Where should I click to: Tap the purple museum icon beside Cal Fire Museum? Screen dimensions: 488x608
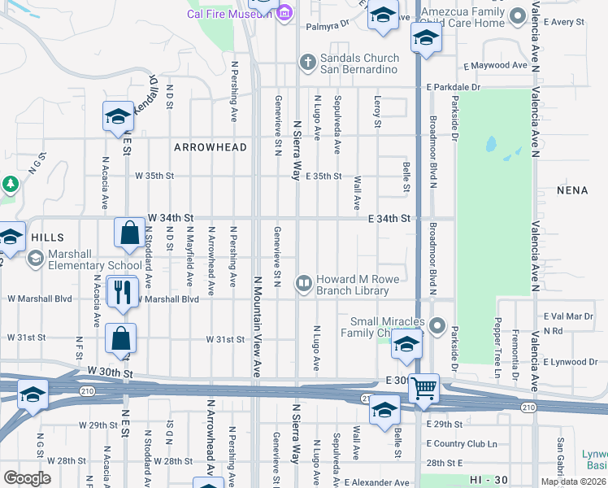284,12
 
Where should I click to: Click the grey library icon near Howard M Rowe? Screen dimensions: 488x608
304,283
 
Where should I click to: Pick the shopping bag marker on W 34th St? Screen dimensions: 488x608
130,233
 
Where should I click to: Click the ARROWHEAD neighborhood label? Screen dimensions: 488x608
200,147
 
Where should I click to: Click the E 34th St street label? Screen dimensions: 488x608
392,219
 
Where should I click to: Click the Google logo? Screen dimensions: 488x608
27,477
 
